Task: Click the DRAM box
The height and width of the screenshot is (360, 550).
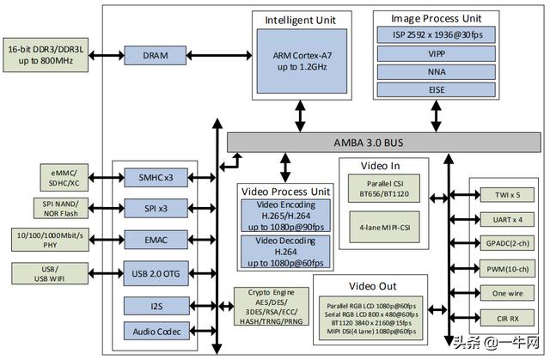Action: tap(156, 55)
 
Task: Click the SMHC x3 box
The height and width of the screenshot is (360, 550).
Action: tap(156, 178)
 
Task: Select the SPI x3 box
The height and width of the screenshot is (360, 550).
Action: tap(156, 208)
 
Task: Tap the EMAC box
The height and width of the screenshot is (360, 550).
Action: tap(156, 238)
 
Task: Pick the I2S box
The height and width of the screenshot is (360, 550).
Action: tap(156, 305)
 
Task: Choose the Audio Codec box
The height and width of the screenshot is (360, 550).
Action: tap(156, 330)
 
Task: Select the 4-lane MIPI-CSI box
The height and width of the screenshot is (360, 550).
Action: tap(384, 229)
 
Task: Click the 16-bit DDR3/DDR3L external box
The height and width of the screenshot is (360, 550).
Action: tap(46, 55)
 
